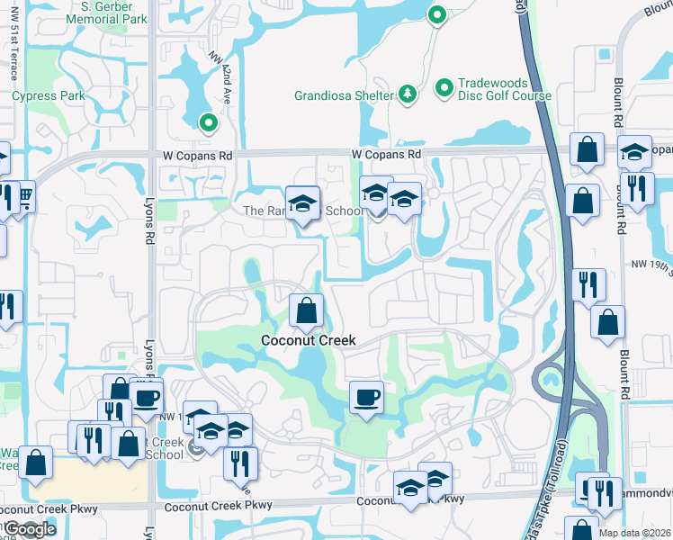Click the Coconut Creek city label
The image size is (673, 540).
coord(308,340)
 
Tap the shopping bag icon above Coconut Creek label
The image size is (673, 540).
coord(307,311)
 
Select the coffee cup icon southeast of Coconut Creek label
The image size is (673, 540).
coord(366,398)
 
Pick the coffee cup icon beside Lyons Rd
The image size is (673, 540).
coord(146,396)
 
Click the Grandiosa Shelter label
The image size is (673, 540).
coord(344,95)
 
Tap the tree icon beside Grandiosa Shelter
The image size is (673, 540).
coord(407,94)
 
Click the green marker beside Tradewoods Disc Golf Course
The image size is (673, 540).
coord(444,88)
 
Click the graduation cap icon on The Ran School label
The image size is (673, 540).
coord(303,203)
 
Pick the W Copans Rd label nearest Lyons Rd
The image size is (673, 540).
coord(198,155)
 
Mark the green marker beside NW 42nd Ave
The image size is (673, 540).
coord(208,123)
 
